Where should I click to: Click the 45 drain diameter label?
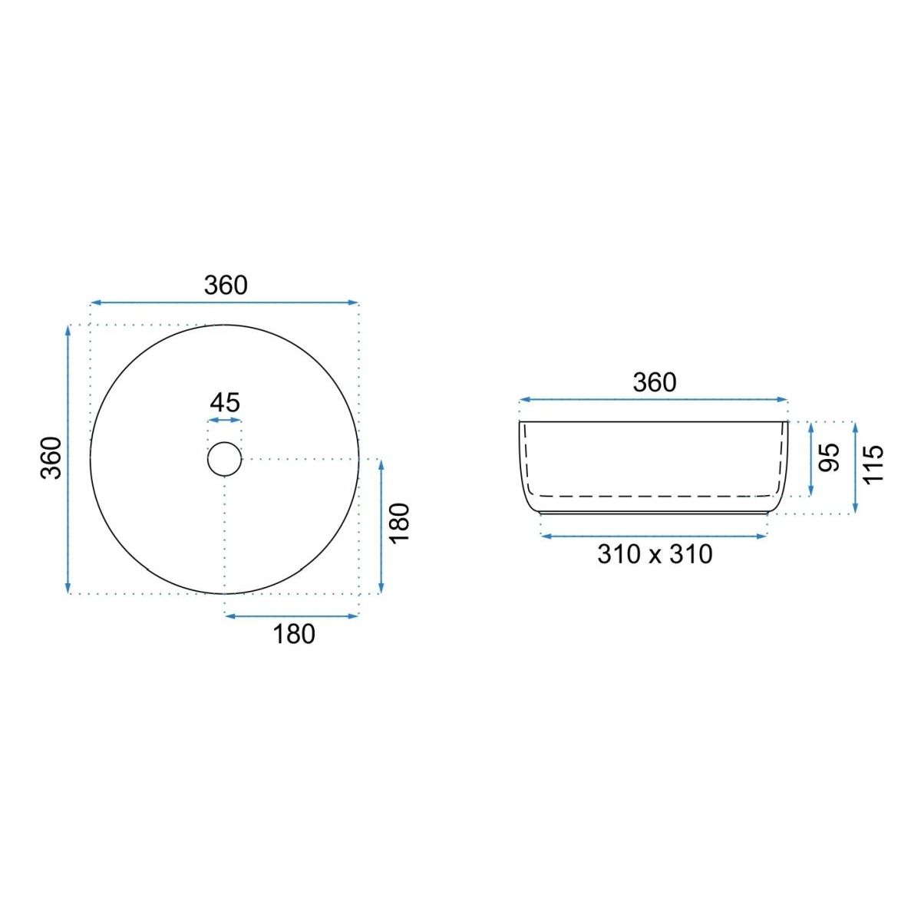click(225, 402)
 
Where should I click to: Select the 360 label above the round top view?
click(226, 286)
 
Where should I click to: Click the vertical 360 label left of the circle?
click(51, 458)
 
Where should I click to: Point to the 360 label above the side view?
click(655, 382)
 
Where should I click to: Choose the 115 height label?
click(873, 464)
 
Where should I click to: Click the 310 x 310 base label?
click(655, 554)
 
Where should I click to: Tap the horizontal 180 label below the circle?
click(294, 634)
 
